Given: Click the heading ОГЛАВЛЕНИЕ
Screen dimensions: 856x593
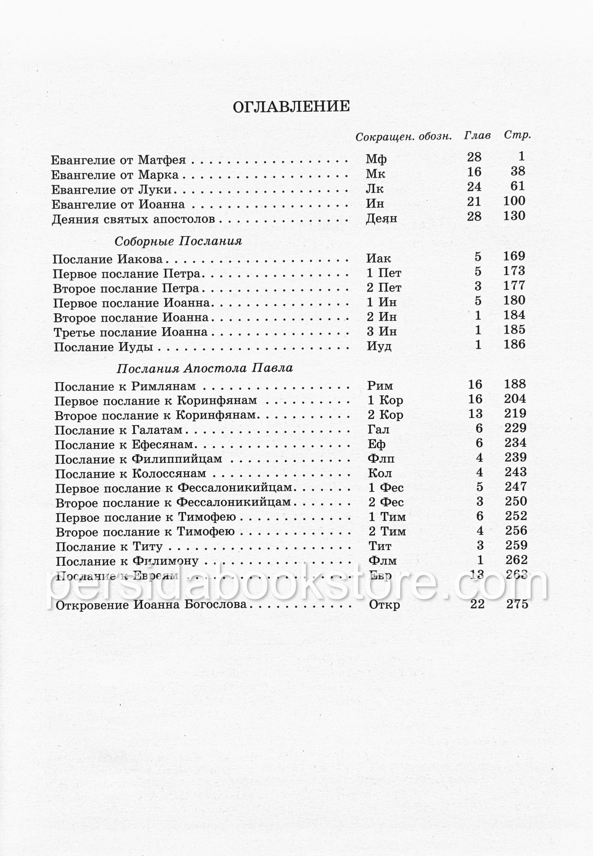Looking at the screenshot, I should click(291, 107).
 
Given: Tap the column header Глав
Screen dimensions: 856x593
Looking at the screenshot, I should click(477, 136).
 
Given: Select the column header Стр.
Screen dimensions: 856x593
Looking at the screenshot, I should click(517, 135).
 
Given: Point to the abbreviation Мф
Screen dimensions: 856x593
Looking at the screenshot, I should click(376, 159).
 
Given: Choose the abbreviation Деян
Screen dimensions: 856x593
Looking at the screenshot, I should click(381, 218).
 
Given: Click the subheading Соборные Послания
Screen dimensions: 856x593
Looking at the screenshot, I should click(178, 241).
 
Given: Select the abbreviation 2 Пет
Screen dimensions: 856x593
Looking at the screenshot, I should click(384, 287).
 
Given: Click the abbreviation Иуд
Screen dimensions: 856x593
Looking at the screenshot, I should click(379, 346).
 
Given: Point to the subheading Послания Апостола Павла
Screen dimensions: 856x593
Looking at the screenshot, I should click(204, 368).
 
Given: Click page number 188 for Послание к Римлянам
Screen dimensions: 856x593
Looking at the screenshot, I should click(515, 384).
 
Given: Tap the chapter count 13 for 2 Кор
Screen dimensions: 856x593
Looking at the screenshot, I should click(475, 414).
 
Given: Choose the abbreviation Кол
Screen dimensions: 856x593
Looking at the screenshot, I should click(380, 473).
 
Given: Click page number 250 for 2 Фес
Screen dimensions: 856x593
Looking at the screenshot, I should click(516, 501).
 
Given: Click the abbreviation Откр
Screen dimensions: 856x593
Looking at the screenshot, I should click(384, 605).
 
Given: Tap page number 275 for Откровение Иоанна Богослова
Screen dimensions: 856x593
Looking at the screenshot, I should click(517, 604).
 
